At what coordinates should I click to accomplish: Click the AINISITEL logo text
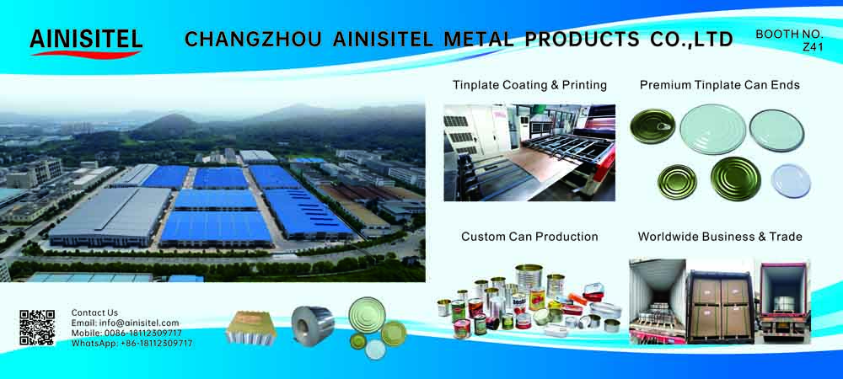[x=86, y=39]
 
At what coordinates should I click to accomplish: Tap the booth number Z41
[x=813, y=47]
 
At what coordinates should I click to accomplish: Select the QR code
[x=37, y=328]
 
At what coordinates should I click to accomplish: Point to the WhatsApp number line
[x=132, y=343]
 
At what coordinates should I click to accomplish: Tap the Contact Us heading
[x=94, y=312]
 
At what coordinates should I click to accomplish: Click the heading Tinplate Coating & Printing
[x=529, y=85]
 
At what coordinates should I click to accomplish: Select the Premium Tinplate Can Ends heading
[x=720, y=85]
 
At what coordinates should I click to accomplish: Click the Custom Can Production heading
[x=529, y=236]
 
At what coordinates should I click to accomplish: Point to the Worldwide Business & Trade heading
[x=720, y=236]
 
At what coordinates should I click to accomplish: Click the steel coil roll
[x=313, y=325]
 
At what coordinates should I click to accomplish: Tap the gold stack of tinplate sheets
[x=250, y=327]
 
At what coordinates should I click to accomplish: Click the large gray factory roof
[x=110, y=216]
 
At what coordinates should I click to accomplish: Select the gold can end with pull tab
[x=653, y=125]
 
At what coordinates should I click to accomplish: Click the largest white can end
[x=713, y=129]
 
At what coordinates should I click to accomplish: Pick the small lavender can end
[x=791, y=181]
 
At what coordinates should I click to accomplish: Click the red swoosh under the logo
[x=86, y=54]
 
